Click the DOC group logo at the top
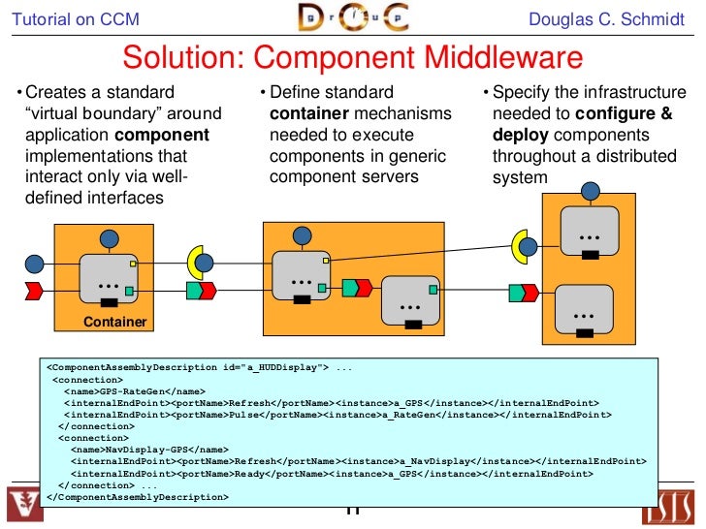click(352, 18)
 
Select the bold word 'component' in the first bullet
click(162, 135)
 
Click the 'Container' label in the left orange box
click(114, 322)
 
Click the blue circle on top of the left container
click(110, 239)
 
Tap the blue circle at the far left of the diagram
click(35, 263)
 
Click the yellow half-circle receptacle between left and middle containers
click(196, 260)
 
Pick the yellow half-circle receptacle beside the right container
click(521, 246)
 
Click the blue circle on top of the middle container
click(303, 234)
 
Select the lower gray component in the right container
click(585, 307)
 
